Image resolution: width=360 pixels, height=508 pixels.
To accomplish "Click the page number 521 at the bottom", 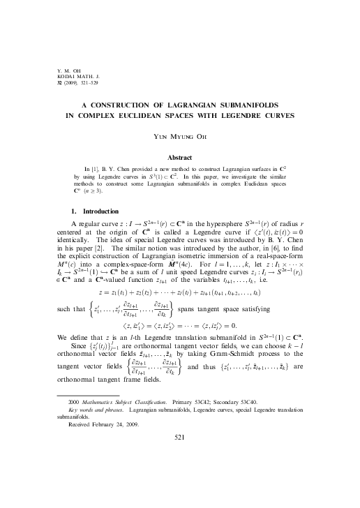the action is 180,475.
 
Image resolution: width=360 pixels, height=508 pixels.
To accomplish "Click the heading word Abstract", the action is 180,158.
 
